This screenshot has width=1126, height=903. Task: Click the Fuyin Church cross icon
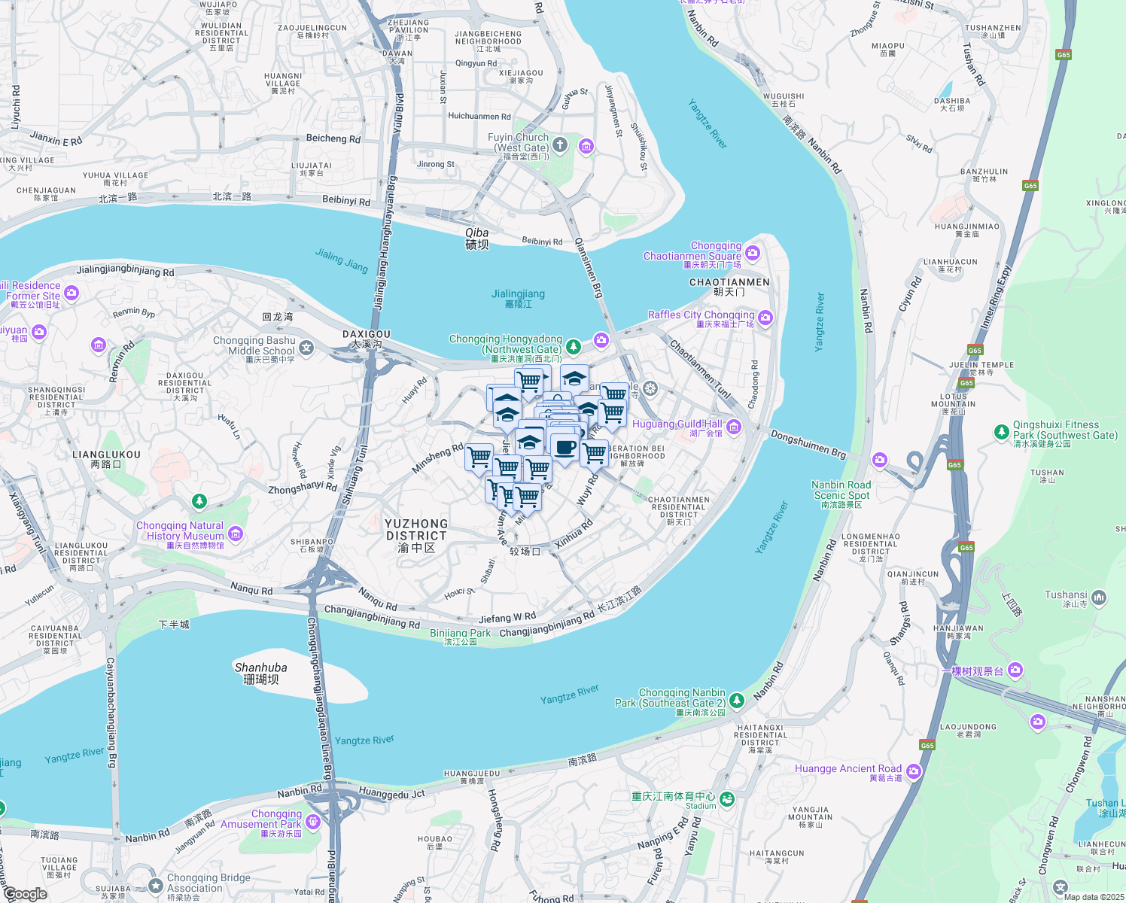coord(559,144)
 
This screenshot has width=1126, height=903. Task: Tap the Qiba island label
coord(477,239)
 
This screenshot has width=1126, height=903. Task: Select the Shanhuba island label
coord(261,673)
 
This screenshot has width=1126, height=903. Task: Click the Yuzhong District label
coord(416,535)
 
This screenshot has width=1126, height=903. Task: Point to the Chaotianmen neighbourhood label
coord(729,287)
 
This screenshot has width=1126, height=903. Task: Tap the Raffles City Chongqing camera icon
coord(765,318)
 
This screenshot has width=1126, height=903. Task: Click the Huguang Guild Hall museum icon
coord(734,427)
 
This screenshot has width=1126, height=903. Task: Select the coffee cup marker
coord(565,448)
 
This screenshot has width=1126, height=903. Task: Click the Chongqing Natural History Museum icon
coord(236,534)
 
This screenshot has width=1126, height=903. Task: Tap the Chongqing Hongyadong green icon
coord(574,346)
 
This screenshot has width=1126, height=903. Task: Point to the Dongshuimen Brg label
coord(808,444)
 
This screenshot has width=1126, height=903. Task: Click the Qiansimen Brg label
coord(589,268)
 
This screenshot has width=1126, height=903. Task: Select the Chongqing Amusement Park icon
coord(313,822)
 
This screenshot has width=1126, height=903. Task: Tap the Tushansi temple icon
coord(1099,598)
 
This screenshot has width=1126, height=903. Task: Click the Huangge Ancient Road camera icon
coord(914,771)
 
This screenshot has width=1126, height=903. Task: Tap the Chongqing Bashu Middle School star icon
coord(306,347)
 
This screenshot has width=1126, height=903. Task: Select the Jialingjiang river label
coord(518,298)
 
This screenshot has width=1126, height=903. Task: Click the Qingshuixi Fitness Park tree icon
coord(1001,431)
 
